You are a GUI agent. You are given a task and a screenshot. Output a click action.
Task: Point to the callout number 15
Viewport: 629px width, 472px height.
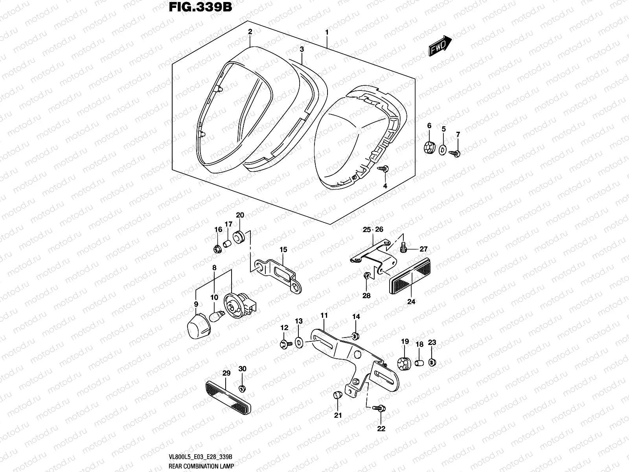[283, 249]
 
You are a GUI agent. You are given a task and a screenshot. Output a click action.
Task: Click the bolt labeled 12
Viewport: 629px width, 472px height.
[285, 345]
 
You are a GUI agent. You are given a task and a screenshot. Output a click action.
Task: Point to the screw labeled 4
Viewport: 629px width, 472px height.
[383, 169]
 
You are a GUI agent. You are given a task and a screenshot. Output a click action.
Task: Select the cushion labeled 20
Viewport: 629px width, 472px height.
[239, 237]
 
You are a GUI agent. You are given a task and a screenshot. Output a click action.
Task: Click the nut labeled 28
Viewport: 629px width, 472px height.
[366, 276]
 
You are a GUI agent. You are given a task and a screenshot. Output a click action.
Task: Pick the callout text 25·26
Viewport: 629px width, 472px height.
[373, 229]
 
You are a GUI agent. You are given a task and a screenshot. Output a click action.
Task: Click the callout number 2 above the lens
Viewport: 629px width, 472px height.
[250, 31]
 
